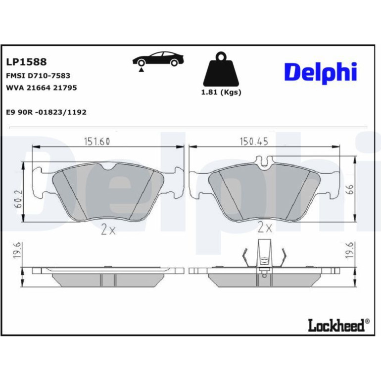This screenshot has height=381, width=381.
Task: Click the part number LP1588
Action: pyautogui.click(x=26, y=62)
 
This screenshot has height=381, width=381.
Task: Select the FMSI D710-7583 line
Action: pyautogui.click(x=38, y=76)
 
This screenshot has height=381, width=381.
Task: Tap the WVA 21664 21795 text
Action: pyautogui.click(x=41, y=88)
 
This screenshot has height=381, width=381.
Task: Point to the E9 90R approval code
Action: pyautogui.click(x=46, y=112)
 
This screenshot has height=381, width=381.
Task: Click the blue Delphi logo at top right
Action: pyautogui.click(x=321, y=73)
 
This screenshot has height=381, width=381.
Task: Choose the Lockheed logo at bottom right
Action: pyautogui.click(x=339, y=325)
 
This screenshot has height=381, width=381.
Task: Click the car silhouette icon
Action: pyautogui.click(x=158, y=59)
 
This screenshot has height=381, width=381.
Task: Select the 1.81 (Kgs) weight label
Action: pyautogui.click(x=221, y=93)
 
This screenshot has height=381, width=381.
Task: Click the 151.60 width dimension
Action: pyautogui.click(x=97, y=142)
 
